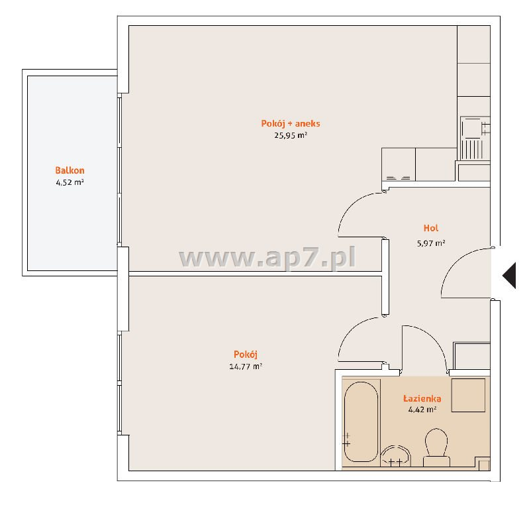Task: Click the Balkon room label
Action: [70, 170]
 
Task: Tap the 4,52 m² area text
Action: [70, 182]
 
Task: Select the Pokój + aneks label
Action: [291, 124]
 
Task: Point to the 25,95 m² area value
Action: [291, 135]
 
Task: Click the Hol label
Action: [431, 228]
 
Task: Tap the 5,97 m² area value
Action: [431, 243]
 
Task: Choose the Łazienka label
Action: [422, 398]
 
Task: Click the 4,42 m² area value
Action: [422, 410]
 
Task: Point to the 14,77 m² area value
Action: [246, 366]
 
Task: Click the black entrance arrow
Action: [509, 275]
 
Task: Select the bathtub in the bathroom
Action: [361, 422]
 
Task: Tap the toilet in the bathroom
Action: [436, 447]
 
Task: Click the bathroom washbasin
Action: [396, 456]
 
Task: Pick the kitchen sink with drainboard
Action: [475, 138]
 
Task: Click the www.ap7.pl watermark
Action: [267, 258]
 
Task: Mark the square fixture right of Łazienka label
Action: [468, 395]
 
